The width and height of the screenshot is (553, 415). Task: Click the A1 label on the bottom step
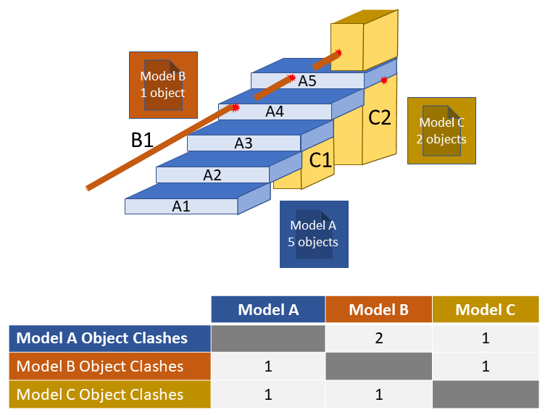(180, 206)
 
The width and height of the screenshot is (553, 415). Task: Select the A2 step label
(212, 175)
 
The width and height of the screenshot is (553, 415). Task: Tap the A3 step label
(243, 143)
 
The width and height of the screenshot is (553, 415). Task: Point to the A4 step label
(274, 112)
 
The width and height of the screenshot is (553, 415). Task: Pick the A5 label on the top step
(307, 80)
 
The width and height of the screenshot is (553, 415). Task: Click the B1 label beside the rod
(142, 140)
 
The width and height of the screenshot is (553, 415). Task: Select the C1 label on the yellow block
(320, 160)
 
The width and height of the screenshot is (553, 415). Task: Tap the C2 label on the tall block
(380, 117)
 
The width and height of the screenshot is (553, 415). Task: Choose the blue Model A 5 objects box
(313, 234)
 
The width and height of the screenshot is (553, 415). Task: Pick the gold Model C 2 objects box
(441, 131)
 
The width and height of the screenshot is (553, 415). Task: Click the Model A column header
(268, 310)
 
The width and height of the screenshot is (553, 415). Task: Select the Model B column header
(378, 310)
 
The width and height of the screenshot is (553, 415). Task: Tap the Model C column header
(485, 310)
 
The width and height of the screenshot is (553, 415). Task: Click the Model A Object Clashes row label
(102, 338)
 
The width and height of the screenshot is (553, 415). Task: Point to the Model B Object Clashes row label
(100, 366)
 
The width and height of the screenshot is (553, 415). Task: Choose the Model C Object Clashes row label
(100, 395)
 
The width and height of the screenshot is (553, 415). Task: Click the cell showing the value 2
(378, 338)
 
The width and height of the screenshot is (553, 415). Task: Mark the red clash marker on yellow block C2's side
(384, 80)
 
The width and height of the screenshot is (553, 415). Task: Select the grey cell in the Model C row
(485, 395)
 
